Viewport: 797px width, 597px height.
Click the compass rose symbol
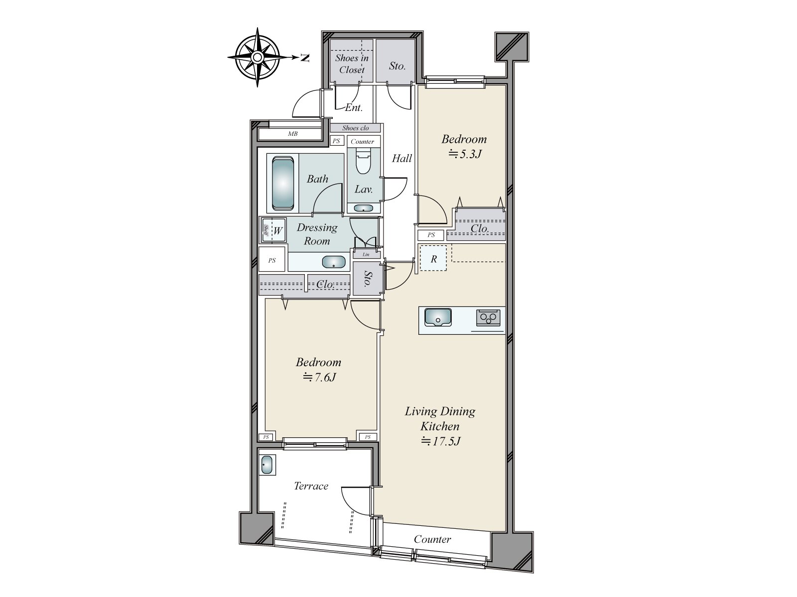[x=257, y=58]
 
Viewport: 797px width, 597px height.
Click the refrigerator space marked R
[x=433, y=259]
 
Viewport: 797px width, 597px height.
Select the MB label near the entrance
[x=292, y=134]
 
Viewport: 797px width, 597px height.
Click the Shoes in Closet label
[x=352, y=64]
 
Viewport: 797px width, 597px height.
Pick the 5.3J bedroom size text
[x=465, y=154]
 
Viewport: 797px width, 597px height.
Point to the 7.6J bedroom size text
[x=319, y=377]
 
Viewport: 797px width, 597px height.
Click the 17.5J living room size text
[x=441, y=441]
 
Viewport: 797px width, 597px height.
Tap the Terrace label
[x=311, y=486]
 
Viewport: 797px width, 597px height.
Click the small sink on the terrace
[x=267, y=465]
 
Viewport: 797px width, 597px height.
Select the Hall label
[x=401, y=158]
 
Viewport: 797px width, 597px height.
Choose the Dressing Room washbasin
[x=334, y=262]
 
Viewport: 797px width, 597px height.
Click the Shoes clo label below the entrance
[x=355, y=128]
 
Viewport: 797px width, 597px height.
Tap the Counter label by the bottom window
[x=432, y=539]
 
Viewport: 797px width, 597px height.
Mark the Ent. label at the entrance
[x=354, y=107]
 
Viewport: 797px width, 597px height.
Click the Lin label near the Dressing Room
[x=366, y=254]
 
